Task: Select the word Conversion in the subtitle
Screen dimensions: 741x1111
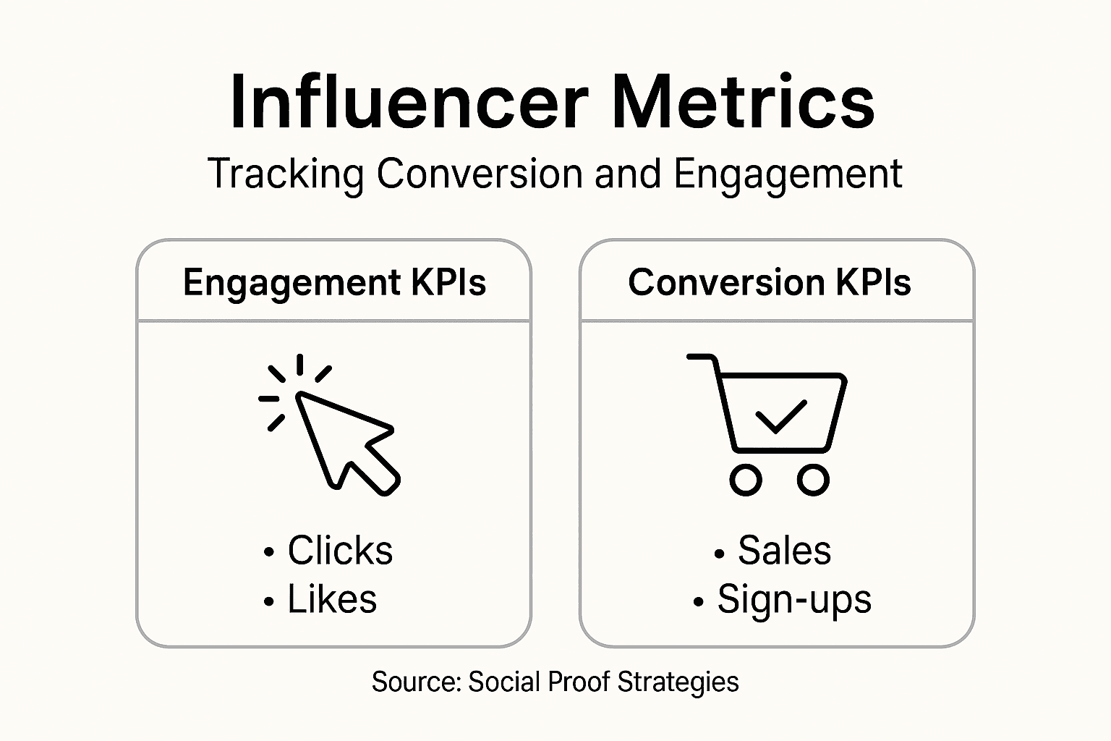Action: pos(480,174)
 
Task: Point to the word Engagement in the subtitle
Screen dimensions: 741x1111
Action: pos(788,174)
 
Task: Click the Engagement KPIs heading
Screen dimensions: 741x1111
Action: pos(334,281)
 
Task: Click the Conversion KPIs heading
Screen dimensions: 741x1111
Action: pos(769,281)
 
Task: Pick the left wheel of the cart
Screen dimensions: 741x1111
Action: pos(746,480)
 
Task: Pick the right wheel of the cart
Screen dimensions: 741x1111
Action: pos(813,480)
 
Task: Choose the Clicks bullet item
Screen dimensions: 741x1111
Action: pos(339,551)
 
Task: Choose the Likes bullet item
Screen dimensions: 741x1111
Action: pos(331,600)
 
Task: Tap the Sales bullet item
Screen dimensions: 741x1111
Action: pos(784,551)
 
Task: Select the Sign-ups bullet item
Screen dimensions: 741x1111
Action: pos(793,600)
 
